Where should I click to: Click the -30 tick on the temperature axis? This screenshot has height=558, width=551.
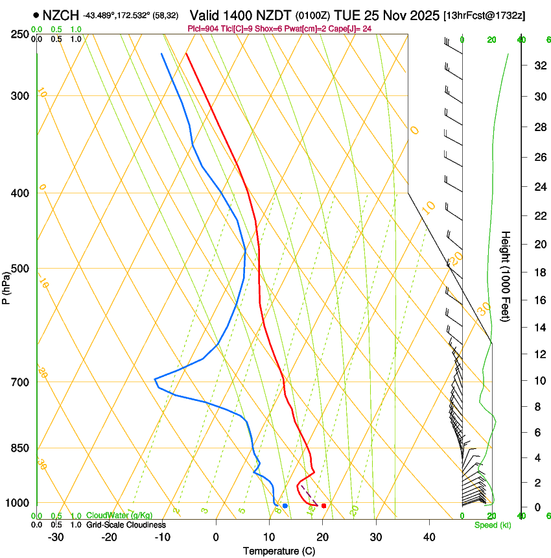56,537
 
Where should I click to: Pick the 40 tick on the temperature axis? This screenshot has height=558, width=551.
428,537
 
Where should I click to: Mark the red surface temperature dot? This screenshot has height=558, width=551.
323,505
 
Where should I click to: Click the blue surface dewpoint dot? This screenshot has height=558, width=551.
285,505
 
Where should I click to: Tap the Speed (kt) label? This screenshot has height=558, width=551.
492,525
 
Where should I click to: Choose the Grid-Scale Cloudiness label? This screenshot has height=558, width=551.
126,525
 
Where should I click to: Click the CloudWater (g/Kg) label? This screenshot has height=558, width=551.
119,516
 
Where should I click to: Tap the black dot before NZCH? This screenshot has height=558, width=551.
36,14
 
